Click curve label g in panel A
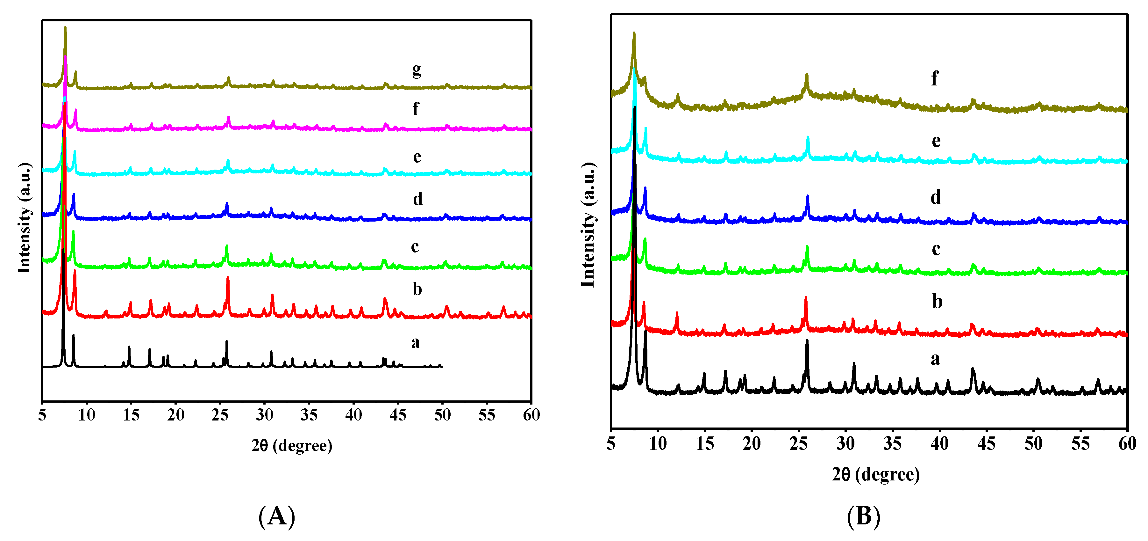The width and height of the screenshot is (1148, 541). click(416, 70)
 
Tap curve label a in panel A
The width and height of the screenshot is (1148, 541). click(415, 342)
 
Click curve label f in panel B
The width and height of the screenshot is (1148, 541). click(935, 78)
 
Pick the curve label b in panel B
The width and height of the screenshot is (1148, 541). click(937, 302)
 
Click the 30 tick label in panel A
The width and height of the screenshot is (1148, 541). click(264, 415)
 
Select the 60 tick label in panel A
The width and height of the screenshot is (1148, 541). click(531, 415)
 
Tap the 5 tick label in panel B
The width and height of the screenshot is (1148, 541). click(611, 444)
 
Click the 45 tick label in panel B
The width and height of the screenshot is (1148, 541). click(986, 444)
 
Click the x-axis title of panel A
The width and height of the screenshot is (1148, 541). click(292, 446)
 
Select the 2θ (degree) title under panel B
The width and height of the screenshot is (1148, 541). click(876, 474)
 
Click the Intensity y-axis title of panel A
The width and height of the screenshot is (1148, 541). click(25, 219)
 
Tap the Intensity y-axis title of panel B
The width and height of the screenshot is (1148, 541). click(588, 225)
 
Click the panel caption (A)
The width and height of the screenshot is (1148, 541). click(276, 516)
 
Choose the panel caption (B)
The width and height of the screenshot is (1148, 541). click(863, 516)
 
